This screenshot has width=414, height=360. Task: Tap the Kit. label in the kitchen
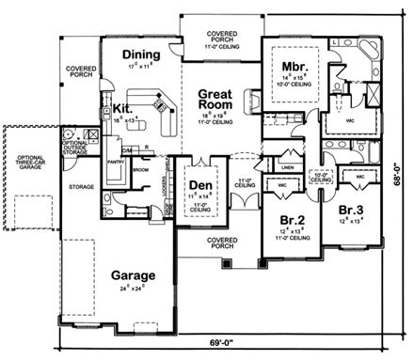click(121, 109)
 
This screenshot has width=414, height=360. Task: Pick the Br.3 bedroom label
click(349, 210)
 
